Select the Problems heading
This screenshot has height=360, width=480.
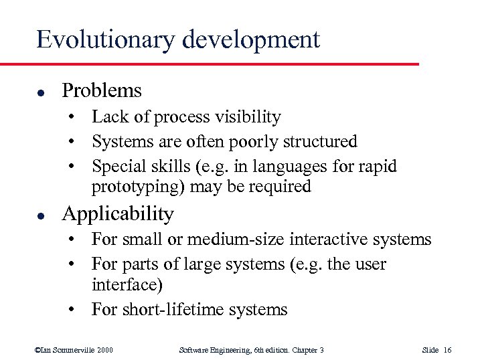point(102,90)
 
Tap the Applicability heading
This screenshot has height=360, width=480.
point(118,214)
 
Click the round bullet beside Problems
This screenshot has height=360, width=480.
point(42,92)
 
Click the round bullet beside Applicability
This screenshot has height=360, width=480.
point(42,215)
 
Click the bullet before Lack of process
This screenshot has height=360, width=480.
point(79,118)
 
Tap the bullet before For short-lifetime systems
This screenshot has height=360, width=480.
point(79,310)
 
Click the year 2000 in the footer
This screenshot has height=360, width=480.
point(104,349)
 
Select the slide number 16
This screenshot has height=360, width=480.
point(447,349)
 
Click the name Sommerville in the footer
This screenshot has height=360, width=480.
point(70,349)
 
